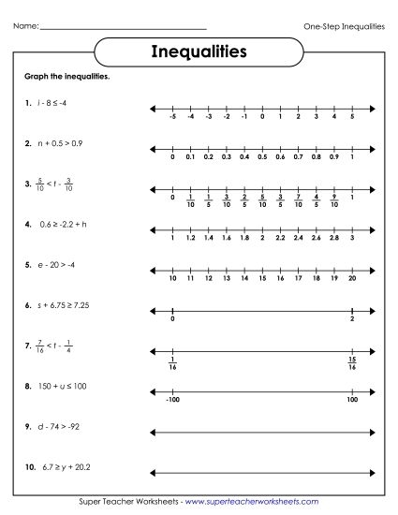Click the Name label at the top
(26, 26)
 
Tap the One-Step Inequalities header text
(345, 26)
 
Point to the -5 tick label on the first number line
(173, 117)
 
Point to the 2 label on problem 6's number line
(351, 319)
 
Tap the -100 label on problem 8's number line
(173, 401)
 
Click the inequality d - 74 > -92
(55, 427)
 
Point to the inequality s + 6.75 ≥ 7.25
(61, 306)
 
